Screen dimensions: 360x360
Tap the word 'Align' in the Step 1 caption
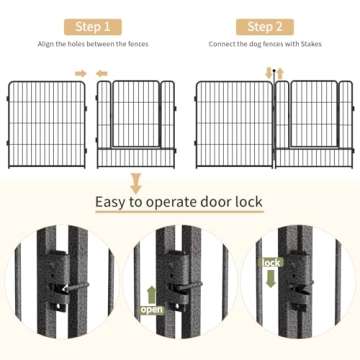pyautogui.click(x=49, y=45)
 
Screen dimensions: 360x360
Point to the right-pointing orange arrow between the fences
pyautogui.click(x=82, y=73)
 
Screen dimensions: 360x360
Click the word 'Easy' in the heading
pyautogui.click(x=115, y=203)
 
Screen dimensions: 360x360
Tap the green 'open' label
pyautogui.click(x=151, y=309)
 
